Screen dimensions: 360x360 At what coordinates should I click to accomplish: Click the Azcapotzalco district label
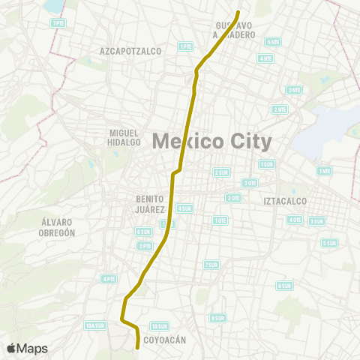point(130,51)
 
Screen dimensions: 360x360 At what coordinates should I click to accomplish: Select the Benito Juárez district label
point(150,203)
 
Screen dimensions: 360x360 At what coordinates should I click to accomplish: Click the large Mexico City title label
point(211,140)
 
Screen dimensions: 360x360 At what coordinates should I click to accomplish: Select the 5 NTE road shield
point(273,42)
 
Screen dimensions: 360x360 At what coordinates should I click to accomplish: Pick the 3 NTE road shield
point(294,90)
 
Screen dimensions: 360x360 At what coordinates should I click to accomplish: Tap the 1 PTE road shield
point(185,46)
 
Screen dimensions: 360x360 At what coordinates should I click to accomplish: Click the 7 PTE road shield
point(58,23)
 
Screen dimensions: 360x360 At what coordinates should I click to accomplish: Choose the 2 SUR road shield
point(221,172)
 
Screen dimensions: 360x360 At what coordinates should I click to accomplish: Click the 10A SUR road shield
point(94,325)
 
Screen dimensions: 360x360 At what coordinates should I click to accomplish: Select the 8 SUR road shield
point(284,286)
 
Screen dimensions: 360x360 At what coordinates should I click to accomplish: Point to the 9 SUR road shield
point(217,318)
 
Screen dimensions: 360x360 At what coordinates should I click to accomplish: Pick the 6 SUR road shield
point(143,232)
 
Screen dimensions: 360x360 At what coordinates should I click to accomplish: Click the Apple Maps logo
point(27,348)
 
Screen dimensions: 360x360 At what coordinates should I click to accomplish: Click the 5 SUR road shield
point(328,243)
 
